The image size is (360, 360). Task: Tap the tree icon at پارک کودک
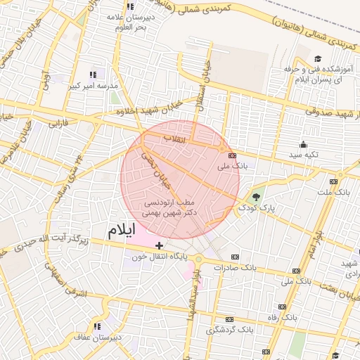[255, 197]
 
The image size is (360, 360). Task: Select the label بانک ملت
[333, 191]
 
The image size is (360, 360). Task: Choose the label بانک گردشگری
[230, 329]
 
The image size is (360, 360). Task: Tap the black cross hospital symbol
[160, 245]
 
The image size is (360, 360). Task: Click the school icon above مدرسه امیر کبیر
[91, 74]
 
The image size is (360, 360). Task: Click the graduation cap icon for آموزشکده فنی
[317, 58]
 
